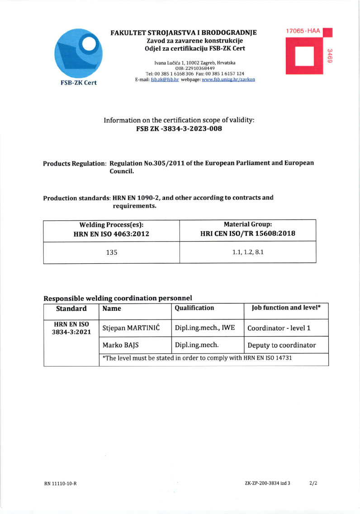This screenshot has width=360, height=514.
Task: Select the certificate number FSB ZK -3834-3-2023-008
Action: coord(179,128)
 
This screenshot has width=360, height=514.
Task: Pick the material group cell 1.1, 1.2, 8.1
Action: coord(247,252)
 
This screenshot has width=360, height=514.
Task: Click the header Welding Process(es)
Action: coord(111,224)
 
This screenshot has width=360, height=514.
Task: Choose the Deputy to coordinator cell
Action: coord(281,345)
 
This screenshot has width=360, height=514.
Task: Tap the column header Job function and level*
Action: coord(286,308)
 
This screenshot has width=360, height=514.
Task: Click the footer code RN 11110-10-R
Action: coord(60,484)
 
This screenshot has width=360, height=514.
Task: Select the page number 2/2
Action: coord(313,483)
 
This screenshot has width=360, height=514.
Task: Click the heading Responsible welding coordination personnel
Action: coord(118,298)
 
